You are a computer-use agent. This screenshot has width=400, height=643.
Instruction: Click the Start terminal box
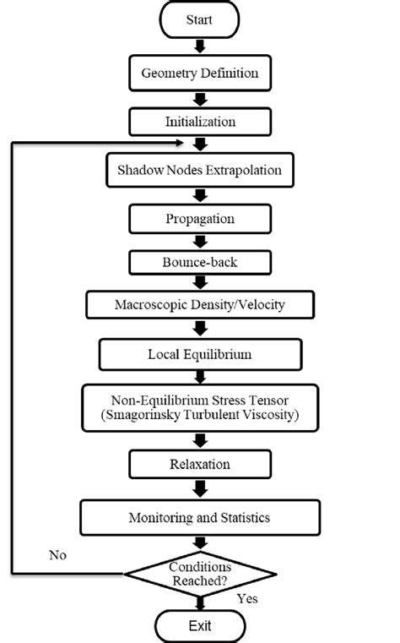(200, 19)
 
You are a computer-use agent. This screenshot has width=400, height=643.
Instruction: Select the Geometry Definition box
(200, 74)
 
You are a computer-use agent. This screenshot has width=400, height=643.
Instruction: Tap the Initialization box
(200, 122)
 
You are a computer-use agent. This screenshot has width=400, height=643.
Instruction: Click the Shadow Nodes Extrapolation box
(200, 171)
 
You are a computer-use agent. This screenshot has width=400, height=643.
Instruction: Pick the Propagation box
(200, 219)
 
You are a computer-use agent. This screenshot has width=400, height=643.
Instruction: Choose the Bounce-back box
(200, 262)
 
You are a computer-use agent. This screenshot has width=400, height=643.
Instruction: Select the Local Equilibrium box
(200, 353)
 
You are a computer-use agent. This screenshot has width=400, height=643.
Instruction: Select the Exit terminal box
(200, 627)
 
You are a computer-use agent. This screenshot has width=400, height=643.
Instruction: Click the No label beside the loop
(57, 555)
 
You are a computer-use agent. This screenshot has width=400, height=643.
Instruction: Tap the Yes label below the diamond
(246, 598)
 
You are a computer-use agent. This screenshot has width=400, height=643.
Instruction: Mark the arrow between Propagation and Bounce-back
(200, 241)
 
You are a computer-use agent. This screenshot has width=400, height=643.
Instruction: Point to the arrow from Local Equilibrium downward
(200, 378)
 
